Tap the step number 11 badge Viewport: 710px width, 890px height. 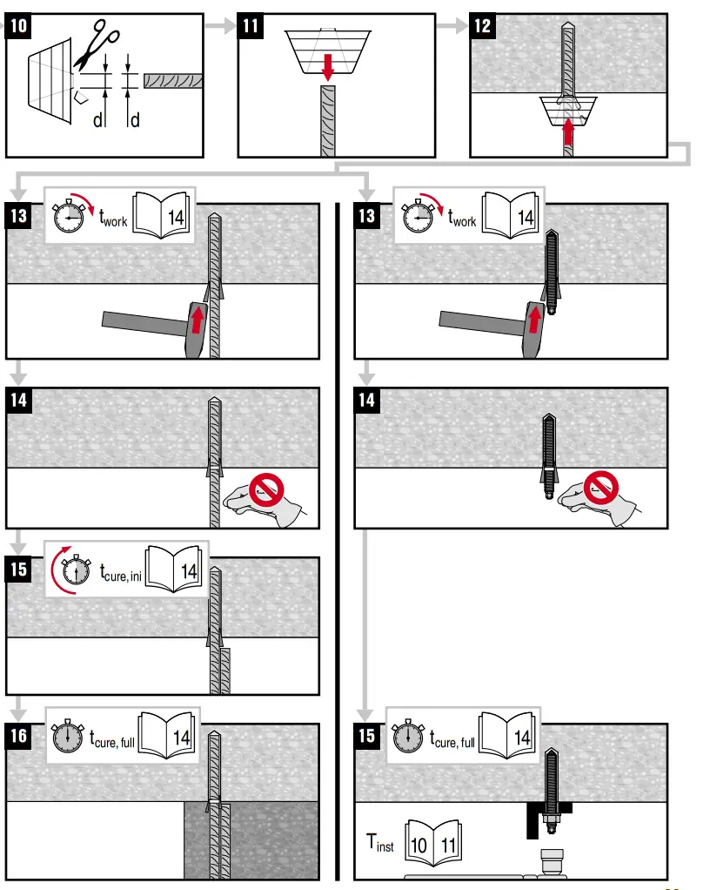coord(251,26)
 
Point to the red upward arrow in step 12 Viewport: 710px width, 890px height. coord(568,131)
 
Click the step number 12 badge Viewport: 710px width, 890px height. coord(482,26)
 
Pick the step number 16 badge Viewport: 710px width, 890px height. coord(19,737)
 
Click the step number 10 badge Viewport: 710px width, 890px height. coord(19,26)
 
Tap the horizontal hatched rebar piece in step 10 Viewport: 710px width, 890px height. coord(173,80)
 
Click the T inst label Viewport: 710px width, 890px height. coord(379,844)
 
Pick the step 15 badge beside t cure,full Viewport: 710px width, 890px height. coord(367,737)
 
